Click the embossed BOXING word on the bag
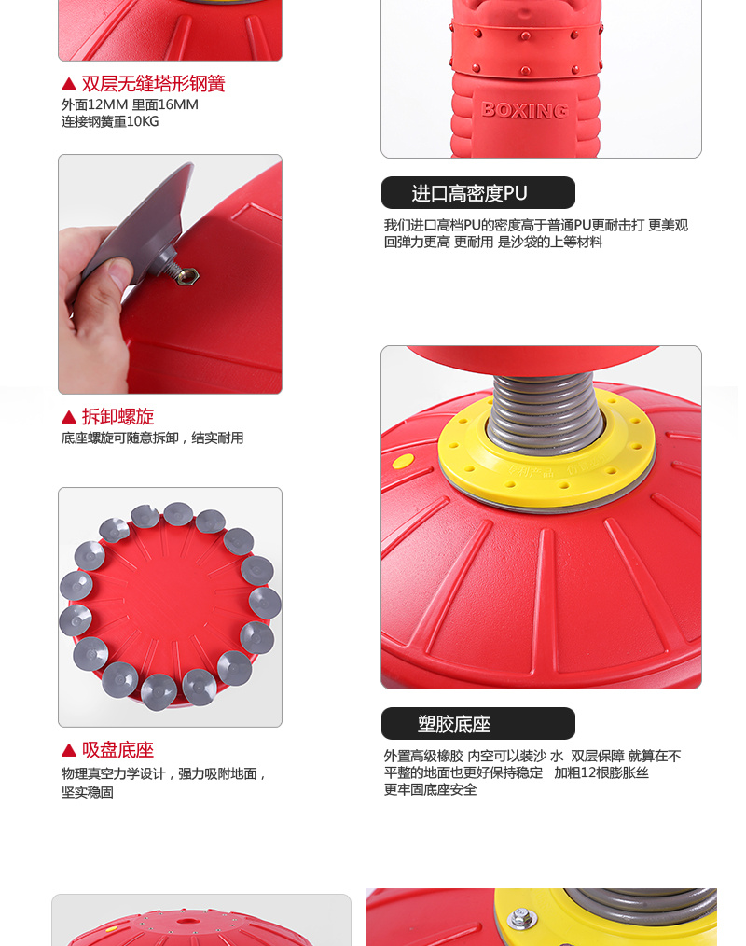pyautogui.click(x=525, y=110)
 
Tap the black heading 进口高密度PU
pyautogui.click(x=469, y=193)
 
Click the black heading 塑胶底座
pyautogui.click(x=454, y=724)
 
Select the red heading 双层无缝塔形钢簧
pyautogui.click(x=153, y=83)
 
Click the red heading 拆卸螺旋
pyautogui.click(x=118, y=416)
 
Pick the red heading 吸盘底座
pyautogui.click(x=118, y=749)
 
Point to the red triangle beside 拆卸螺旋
pyautogui.click(x=69, y=417)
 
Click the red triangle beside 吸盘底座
pyautogui.click(x=69, y=750)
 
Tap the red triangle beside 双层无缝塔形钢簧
pyautogui.click(x=69, y=84)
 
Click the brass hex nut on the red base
pyautogui.click(x=187, y=276)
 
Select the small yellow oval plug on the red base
pyautogui.click(x=403, y=462)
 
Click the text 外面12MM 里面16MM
pyautogui.click(x=130, y=105)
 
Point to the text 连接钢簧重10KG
pyautogui.click(x=110, y=122)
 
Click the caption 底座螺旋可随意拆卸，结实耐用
pyautogui.click(x=152, y=438)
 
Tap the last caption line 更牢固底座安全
pyautogui.click(x=430, y=790)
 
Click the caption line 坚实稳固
pyautogui.click(x=88, y=791)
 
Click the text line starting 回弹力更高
pyautogui.click(x=493, y=242)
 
